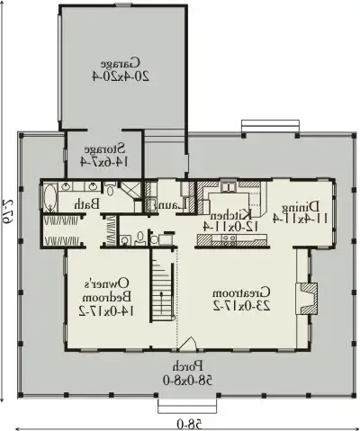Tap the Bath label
[86, 205]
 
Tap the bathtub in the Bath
[49, 197]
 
